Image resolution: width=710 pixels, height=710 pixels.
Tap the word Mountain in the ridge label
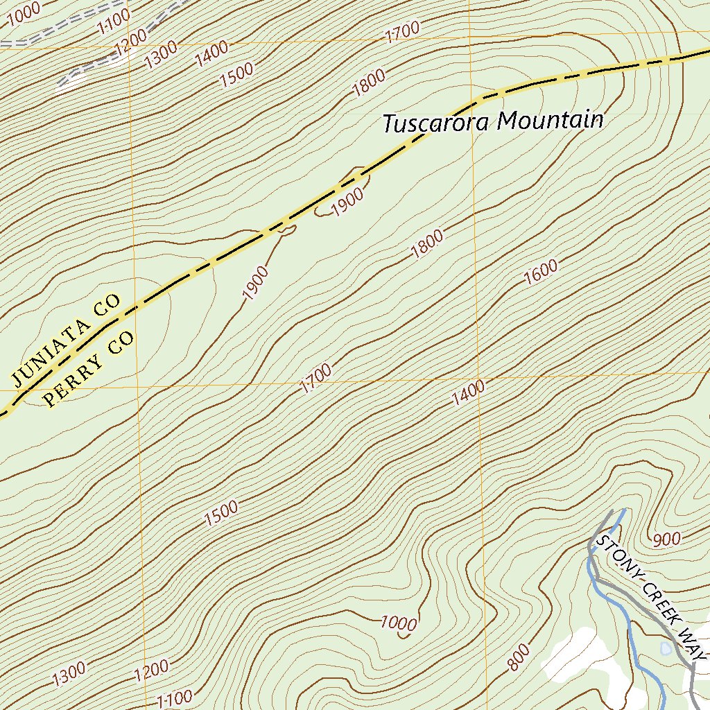click(x=551, y=121)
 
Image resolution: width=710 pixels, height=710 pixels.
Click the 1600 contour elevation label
click(x=541, y=272)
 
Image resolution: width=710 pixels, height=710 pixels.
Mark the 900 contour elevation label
click(x=666, y=539)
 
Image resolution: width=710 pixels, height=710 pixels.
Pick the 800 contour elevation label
click(x=519, y=657)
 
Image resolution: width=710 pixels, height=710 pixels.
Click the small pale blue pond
click(x=666, y=648)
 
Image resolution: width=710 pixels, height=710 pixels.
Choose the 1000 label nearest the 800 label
click(x=399, y=623)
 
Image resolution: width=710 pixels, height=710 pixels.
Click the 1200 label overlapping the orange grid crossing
click(x=132, y=43)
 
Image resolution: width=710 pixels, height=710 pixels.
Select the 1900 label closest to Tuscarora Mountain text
click(x=347, y=202)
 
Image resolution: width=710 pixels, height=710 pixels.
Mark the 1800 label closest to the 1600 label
click(x=426, y=245)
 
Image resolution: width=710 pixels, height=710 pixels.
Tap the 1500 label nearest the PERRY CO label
click(x=221, y=512)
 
